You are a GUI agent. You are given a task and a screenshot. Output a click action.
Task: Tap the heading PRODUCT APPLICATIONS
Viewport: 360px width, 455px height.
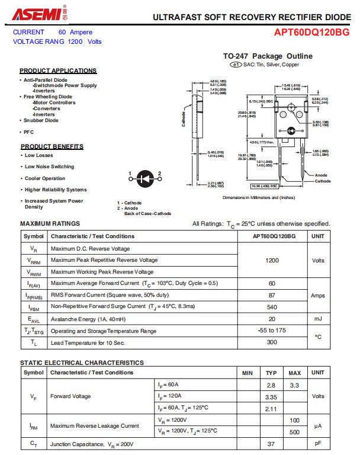pyautogui.click(x=58, y=71)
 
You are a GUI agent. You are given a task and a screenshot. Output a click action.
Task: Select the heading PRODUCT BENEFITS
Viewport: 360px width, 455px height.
pyautogui.click(x=52, y=146)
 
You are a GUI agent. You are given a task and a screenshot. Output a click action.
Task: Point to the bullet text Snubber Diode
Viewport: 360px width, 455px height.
pyautogui.click(x=41, y=120)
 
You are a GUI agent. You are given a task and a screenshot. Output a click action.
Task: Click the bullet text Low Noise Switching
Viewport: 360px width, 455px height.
pyautogui.click(x=49, y=166)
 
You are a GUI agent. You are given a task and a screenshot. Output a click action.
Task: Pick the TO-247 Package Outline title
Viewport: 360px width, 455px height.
pyautogui.click(x=268, y=56)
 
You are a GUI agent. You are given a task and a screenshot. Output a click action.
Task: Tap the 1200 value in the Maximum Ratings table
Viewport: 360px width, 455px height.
pyautogui.click(x=272, y=260)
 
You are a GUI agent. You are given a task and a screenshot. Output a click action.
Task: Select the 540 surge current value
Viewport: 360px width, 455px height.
pyautogui.click(x=272, y=307)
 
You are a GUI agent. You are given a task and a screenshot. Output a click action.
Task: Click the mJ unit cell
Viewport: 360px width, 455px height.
pyautogui.click(x=317, y=319)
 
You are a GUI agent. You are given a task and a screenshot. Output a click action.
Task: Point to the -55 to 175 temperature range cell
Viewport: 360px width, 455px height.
pyautogui.click(x=272, y=330)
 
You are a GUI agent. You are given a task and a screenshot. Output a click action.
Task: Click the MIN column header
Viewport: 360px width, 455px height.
pyautogui.click(x=247, y=373)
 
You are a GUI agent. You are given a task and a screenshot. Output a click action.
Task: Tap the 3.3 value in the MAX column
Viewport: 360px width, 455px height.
pyautogui.click(x=294, y=385)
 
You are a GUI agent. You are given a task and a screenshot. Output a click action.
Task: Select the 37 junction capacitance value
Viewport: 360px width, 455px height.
pyautogui.click(x=271, y=443)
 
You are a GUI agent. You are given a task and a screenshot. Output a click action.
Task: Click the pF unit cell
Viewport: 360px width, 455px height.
pyautogui.click(x=317, y=443)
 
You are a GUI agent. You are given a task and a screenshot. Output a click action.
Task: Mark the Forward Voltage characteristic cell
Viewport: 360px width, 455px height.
pyautogui.click(x=70, y=396)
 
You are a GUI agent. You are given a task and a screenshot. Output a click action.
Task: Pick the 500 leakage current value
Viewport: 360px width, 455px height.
pyautogui.click(x=294, y=431)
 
